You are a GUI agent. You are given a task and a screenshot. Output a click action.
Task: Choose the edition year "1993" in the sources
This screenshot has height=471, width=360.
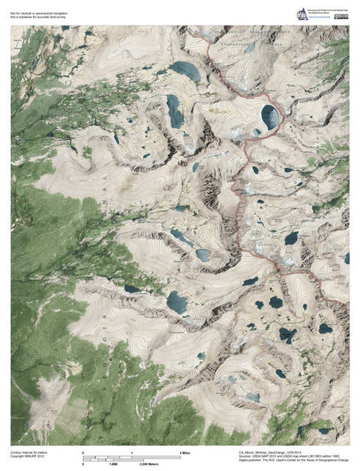[343, 457]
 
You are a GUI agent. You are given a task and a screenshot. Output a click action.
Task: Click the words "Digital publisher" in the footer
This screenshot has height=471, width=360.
[251, 461]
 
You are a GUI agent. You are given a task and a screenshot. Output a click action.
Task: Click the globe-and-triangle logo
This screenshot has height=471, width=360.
[302, 13]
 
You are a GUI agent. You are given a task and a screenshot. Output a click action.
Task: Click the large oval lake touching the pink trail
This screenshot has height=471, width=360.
[269, 116]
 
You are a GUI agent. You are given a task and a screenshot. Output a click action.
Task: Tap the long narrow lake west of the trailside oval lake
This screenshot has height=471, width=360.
[175, 111]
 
